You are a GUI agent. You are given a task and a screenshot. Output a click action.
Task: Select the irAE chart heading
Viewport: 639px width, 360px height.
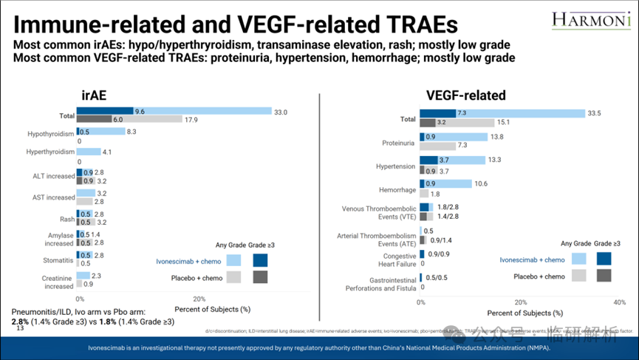click(100, 94)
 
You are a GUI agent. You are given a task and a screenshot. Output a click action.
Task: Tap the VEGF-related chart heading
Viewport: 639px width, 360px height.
click(466, 95)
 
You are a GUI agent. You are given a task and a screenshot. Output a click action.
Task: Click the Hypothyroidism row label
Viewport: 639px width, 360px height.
click(50, 134)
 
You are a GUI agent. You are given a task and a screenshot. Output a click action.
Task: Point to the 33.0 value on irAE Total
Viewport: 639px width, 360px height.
click(281, 112)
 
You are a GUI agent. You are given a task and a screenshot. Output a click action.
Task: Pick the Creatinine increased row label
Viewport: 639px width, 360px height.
click(57, 281)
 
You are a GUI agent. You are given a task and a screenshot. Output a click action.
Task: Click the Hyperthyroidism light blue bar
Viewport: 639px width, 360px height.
click(89, 152)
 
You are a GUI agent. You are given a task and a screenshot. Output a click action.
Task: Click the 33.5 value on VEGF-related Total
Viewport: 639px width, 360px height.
click(596, 113)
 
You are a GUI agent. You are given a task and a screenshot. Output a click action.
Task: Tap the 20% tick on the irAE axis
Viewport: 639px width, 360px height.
click(199, 299)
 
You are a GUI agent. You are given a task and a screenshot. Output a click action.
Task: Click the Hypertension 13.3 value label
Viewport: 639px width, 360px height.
click(496, 160)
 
